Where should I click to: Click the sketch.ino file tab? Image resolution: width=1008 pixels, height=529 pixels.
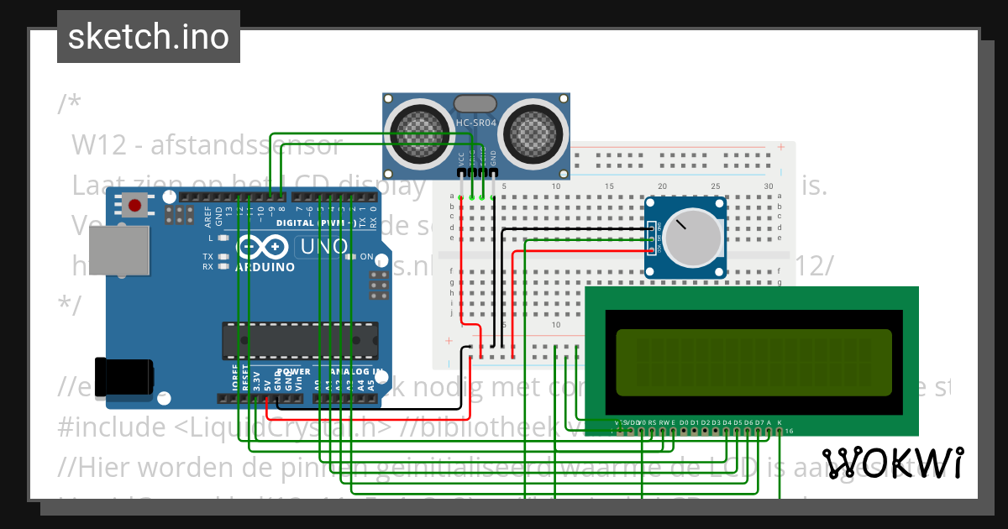point(149,37)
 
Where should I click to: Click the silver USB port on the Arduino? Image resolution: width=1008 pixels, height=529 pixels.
point(119,250)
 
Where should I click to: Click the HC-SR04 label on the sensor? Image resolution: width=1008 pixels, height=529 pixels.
point(476,124)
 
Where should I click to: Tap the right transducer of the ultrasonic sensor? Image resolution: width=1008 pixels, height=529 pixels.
point(533,130)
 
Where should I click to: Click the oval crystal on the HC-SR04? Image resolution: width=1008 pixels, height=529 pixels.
point(475,103)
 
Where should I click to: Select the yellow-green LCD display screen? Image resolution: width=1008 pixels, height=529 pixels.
point(753,362)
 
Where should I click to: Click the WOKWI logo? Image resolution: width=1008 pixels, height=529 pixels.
point(893,463)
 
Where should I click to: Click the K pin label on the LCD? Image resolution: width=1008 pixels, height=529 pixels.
point(780,422)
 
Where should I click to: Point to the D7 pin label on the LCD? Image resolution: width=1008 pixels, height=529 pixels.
point(759,422)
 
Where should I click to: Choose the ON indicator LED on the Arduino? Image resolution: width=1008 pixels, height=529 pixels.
point(354,257)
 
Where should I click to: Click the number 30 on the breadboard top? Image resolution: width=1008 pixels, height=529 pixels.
point(768,186)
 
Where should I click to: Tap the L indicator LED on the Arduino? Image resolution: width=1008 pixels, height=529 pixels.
point(223,238)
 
